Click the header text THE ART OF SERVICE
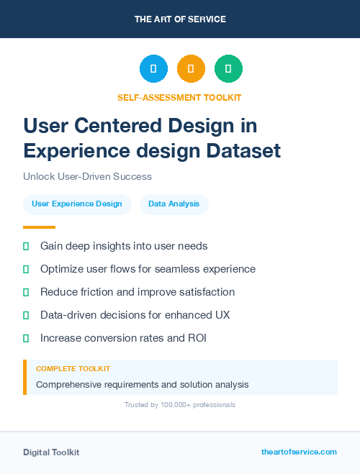(180, 19)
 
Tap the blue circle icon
(153, 69)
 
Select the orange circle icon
(191, 69)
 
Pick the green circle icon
(228, 69)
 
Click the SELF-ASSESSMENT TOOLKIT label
(179, 97)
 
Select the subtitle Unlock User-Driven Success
(87, 176)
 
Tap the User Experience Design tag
(77, 204)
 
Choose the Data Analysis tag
(174, 204)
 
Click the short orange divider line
(39, 227)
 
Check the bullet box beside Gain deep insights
(26, 246)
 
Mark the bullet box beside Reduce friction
(26, 292)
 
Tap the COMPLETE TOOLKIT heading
(73, 368)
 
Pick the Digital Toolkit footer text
(51, 452)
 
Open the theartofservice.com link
(299, 452)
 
